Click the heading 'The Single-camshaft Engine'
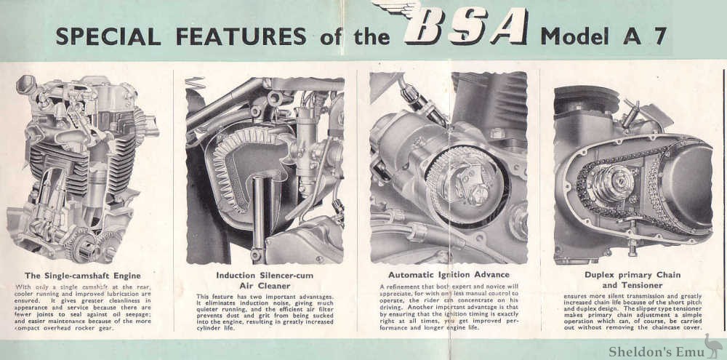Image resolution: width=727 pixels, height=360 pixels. click(x=81, y=276)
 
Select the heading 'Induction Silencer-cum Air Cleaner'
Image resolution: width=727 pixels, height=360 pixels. click(x=265, y=280)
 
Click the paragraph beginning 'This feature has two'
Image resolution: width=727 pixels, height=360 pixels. click(x=265, y=313)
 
